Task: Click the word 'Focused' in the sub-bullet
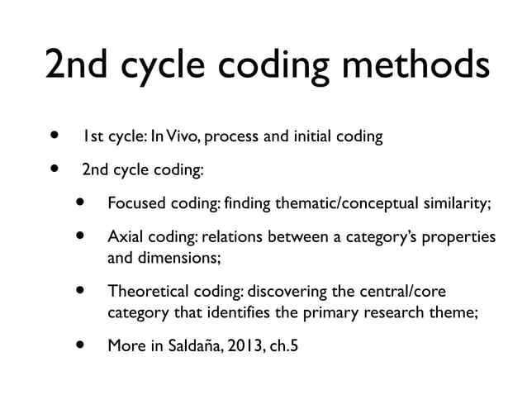(136, 204)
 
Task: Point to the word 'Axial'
(125, 238)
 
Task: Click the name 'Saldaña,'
(191, 346)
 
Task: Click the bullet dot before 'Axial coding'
(81, 237)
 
